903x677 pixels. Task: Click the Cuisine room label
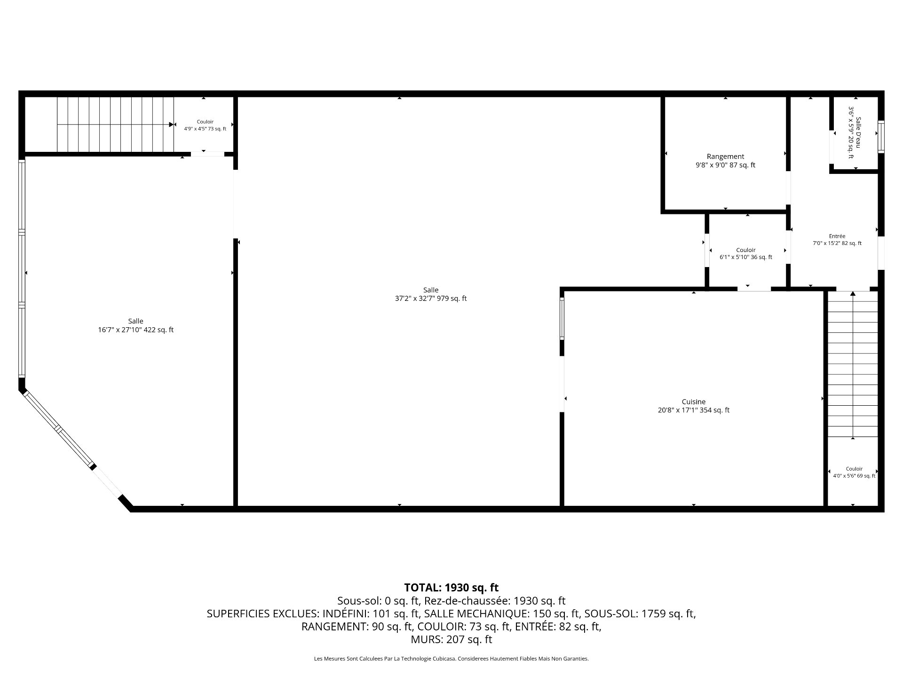(x=694, y=401)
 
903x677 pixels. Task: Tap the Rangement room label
(x=725, y=157)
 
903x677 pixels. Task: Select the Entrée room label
(x=837, y=236)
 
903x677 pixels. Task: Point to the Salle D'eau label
(x=858, y=133)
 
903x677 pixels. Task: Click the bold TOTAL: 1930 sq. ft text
(x=451, y=588)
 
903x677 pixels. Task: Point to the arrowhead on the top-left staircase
(x=172, y=125)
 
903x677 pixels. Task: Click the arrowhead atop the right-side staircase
(x=853, y=294)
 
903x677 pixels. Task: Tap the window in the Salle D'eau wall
(x=881, y=137)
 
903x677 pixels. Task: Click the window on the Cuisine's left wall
(x=562, y=319)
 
